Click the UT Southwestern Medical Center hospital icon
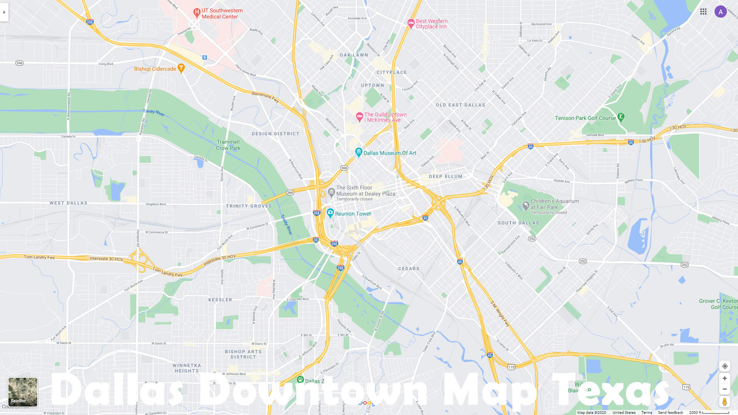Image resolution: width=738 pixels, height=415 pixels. coord(196,13)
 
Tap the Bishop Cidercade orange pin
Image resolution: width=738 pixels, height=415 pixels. coord(181,68)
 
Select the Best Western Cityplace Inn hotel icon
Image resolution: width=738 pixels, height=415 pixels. coord(411,23)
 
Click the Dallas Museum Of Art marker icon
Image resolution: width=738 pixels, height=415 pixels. coord(359,152)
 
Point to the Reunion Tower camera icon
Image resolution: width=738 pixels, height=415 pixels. coord(330,212)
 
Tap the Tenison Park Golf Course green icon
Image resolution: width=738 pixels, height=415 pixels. coord(621,117)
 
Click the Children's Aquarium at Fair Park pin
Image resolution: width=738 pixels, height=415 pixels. coord(526,206)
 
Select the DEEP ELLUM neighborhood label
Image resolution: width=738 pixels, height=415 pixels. coord(445,177)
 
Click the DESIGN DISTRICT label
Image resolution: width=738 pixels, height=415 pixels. coord(275,134)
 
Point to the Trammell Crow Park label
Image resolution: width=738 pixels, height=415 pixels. coord(228,145)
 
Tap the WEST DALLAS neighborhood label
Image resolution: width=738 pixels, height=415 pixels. coord(68,203)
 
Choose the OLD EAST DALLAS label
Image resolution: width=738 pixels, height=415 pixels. coord(460,105)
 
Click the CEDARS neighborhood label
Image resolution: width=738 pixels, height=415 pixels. coord(409,269)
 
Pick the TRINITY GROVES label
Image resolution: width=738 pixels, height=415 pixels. coord(249,206)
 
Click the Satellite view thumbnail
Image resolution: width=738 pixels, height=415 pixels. coord(23,392)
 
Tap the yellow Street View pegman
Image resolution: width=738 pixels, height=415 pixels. coord(725,402)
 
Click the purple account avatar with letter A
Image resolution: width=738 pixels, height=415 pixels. coord(720,12)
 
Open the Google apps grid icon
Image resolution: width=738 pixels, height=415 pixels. coord(703,12)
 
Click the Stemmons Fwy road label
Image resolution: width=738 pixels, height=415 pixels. coord(265,96)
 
